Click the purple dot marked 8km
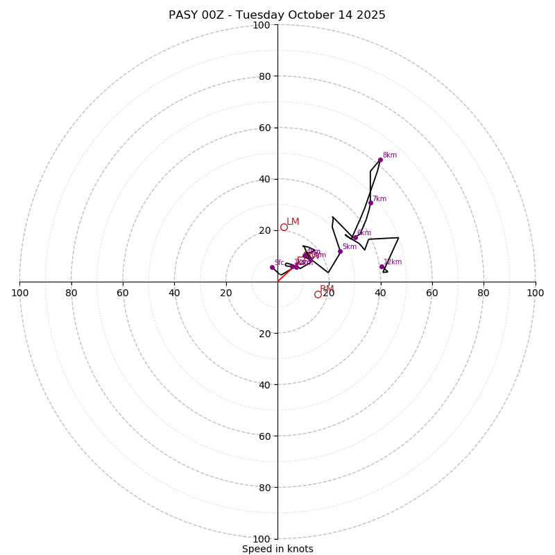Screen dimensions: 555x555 coord(380,160)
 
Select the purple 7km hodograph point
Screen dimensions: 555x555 coord(370,203)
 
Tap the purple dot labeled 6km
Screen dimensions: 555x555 coord(355,237)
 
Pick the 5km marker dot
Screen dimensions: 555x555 coord(340,251)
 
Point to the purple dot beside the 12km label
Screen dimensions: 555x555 coord(382,266)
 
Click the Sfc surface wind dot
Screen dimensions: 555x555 coord(272,267)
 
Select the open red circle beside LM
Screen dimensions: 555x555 coord(284,227)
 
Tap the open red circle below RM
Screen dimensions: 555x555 coord(318,294)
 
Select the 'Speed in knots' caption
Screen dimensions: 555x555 coord(277,549)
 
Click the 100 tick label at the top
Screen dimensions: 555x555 coord(262,25)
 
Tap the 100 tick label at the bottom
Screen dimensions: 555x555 coord(262,539)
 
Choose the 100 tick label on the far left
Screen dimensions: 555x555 coord(19,293)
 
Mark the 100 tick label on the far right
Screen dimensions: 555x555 coord(535,293)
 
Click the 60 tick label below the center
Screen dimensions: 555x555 coord(264,436)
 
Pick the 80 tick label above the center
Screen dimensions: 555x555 coord(264,76)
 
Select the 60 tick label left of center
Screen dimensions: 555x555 coord(123,293)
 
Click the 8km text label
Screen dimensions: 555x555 coord(390,155)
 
